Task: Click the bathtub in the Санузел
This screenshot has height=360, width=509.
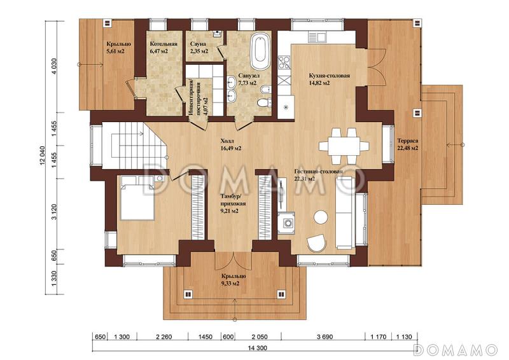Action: point(259,52)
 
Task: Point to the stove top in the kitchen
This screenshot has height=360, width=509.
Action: point(283,63)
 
